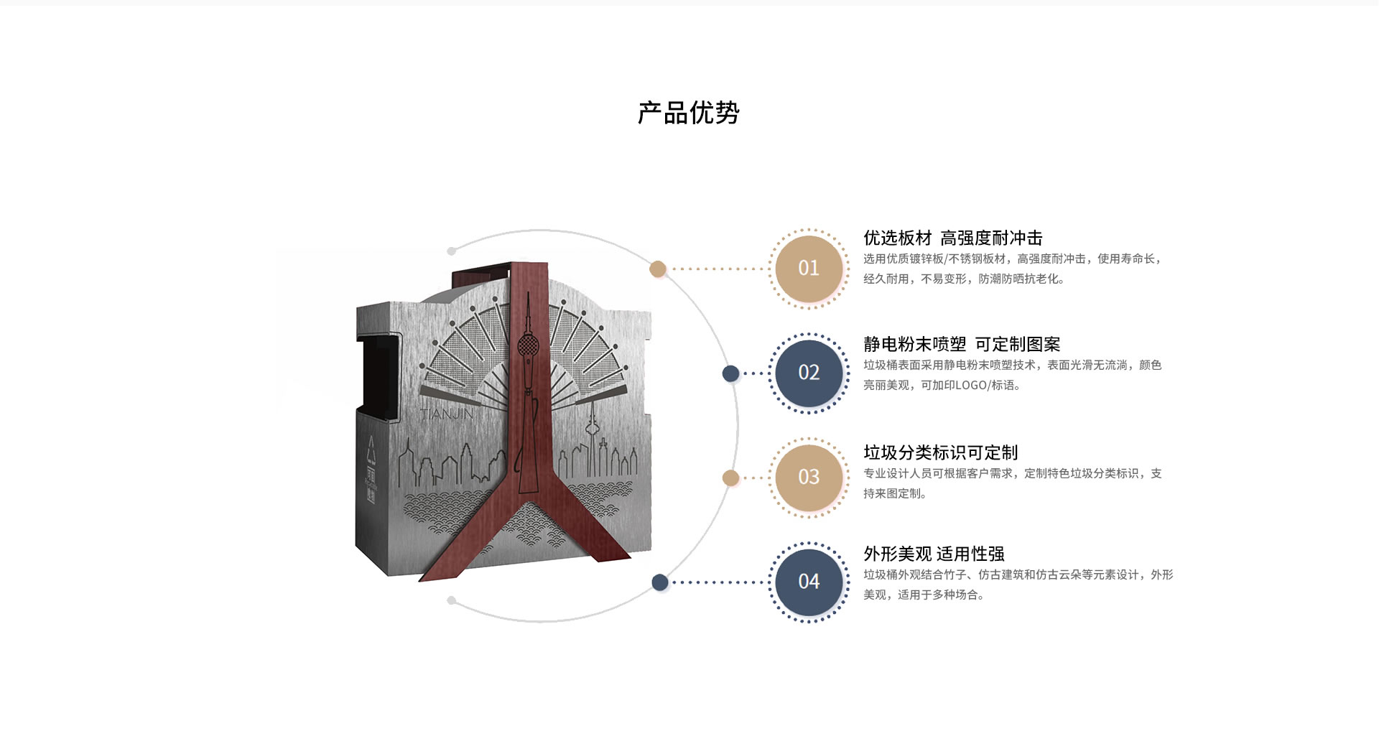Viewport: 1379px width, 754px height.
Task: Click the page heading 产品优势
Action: [689, 113]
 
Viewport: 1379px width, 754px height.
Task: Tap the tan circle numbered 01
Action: [809, 269]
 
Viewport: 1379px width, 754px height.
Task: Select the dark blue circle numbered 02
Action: [809, 373]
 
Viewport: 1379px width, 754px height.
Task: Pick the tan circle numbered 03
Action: [809, 478]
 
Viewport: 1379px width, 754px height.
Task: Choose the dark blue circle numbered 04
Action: [809, 582]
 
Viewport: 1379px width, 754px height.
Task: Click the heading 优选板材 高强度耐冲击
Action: [952, 238]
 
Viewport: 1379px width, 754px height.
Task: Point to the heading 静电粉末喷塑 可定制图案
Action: [962, 344]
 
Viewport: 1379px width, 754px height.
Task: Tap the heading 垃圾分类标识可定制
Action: [941, 452]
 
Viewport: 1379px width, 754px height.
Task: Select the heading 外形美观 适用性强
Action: [934, 554]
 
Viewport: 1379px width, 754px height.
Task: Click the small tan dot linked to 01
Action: [658, 269]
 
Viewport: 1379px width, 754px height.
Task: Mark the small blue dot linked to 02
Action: [730, 373]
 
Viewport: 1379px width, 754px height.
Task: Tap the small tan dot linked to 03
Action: [730, 478]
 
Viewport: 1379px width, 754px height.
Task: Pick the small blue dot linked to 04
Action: [660, 582]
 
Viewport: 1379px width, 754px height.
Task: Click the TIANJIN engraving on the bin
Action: [446, 414]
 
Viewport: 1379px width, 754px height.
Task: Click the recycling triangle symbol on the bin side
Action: [371, 449]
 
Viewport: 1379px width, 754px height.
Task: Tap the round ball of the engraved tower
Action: [528, 347]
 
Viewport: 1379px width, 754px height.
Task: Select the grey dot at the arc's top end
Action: [451, 251]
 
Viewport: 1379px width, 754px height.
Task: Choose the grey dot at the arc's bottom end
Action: [451, 600]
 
